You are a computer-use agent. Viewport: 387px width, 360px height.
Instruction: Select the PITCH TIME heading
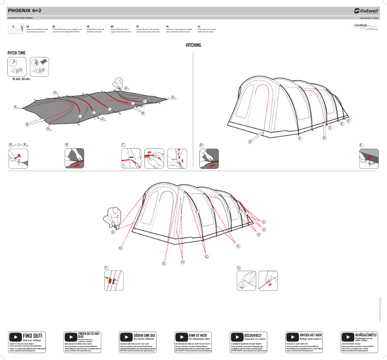coord(16,53)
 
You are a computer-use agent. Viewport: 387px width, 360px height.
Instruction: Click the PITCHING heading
coord(193,45)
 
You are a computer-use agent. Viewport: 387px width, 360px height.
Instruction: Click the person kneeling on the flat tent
coord(118,84)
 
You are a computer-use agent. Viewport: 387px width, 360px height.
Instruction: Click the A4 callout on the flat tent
coord(103,119)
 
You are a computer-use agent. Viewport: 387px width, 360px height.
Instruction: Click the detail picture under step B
coord(74,158)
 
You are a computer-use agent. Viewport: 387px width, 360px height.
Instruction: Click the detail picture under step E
coord(369,158)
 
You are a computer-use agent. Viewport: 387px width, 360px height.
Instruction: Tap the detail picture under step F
coord(114,280)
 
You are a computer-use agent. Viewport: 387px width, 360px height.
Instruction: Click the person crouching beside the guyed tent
coord(114,218)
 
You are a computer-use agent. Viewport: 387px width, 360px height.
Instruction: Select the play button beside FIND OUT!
coord(15,336)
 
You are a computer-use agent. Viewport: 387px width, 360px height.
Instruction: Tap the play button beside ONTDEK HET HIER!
coord(292,336)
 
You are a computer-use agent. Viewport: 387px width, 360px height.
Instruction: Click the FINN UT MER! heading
coord(198,334)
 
